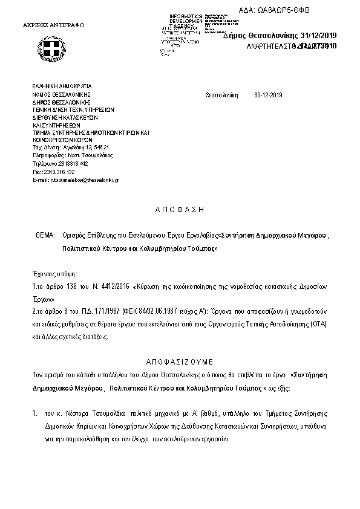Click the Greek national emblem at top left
(53, 47)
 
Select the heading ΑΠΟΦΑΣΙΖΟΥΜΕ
(179, 361)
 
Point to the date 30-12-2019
(269, 96)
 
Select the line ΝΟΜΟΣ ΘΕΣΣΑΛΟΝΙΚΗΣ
(61, 95)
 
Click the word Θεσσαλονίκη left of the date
(222, 96)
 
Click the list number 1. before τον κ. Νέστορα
(35, 415)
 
